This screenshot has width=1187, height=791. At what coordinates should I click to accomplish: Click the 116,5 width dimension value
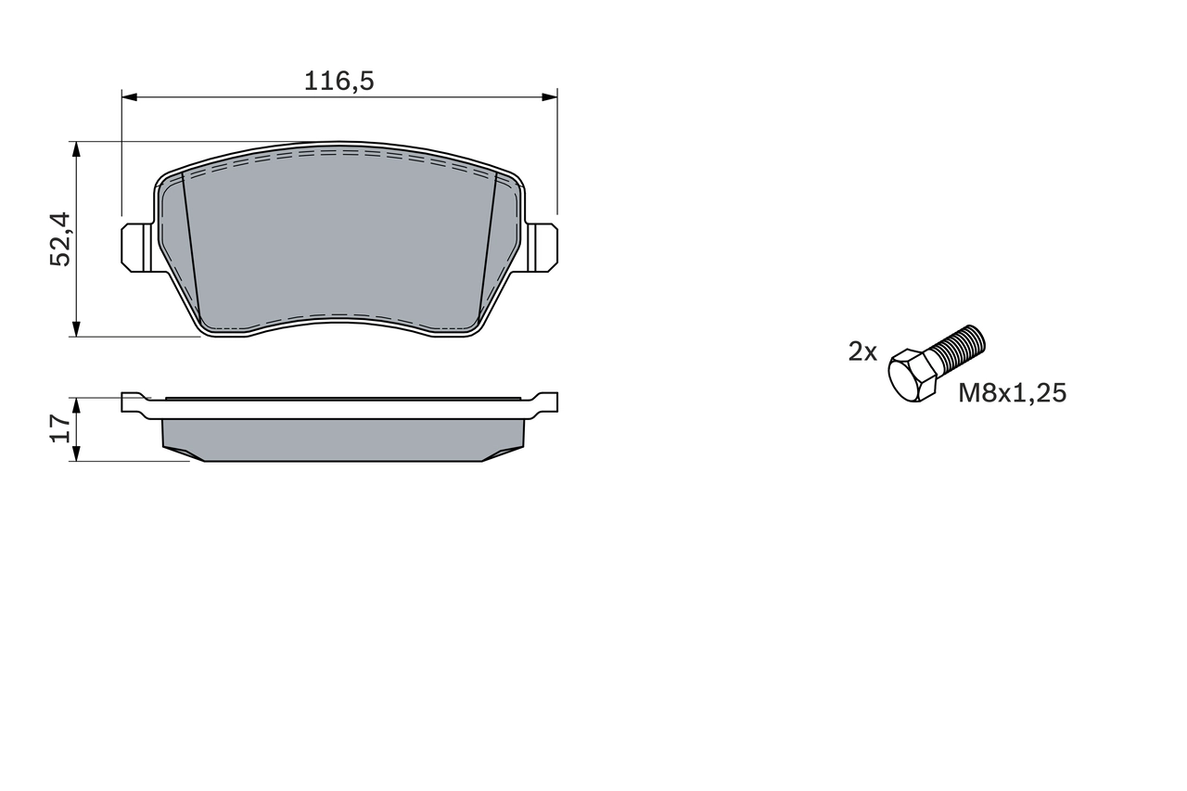tap(338, 82)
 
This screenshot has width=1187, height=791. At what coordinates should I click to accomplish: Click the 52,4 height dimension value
tap(60, 239)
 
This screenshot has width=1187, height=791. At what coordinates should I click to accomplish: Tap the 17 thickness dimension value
tap(60, 428)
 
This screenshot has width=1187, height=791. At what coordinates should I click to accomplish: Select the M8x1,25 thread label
tap(1012, 393)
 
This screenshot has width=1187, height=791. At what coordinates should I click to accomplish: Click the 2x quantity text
tap(862, 351)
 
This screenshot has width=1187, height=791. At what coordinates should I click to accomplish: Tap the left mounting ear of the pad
tap(135, 248)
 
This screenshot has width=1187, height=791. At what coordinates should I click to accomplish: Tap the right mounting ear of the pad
tap(543, 248)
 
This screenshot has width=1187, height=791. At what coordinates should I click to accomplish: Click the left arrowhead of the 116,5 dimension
tap(129, 96)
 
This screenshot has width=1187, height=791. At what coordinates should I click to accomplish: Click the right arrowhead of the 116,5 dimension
tap(550, 96)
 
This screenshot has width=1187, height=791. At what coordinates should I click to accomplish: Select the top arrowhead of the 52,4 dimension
tap(76, 148)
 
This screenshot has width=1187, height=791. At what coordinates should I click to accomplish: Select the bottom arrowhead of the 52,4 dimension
tap(76, 329)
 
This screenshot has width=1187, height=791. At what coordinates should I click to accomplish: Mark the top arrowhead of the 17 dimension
tap(76, 404)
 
